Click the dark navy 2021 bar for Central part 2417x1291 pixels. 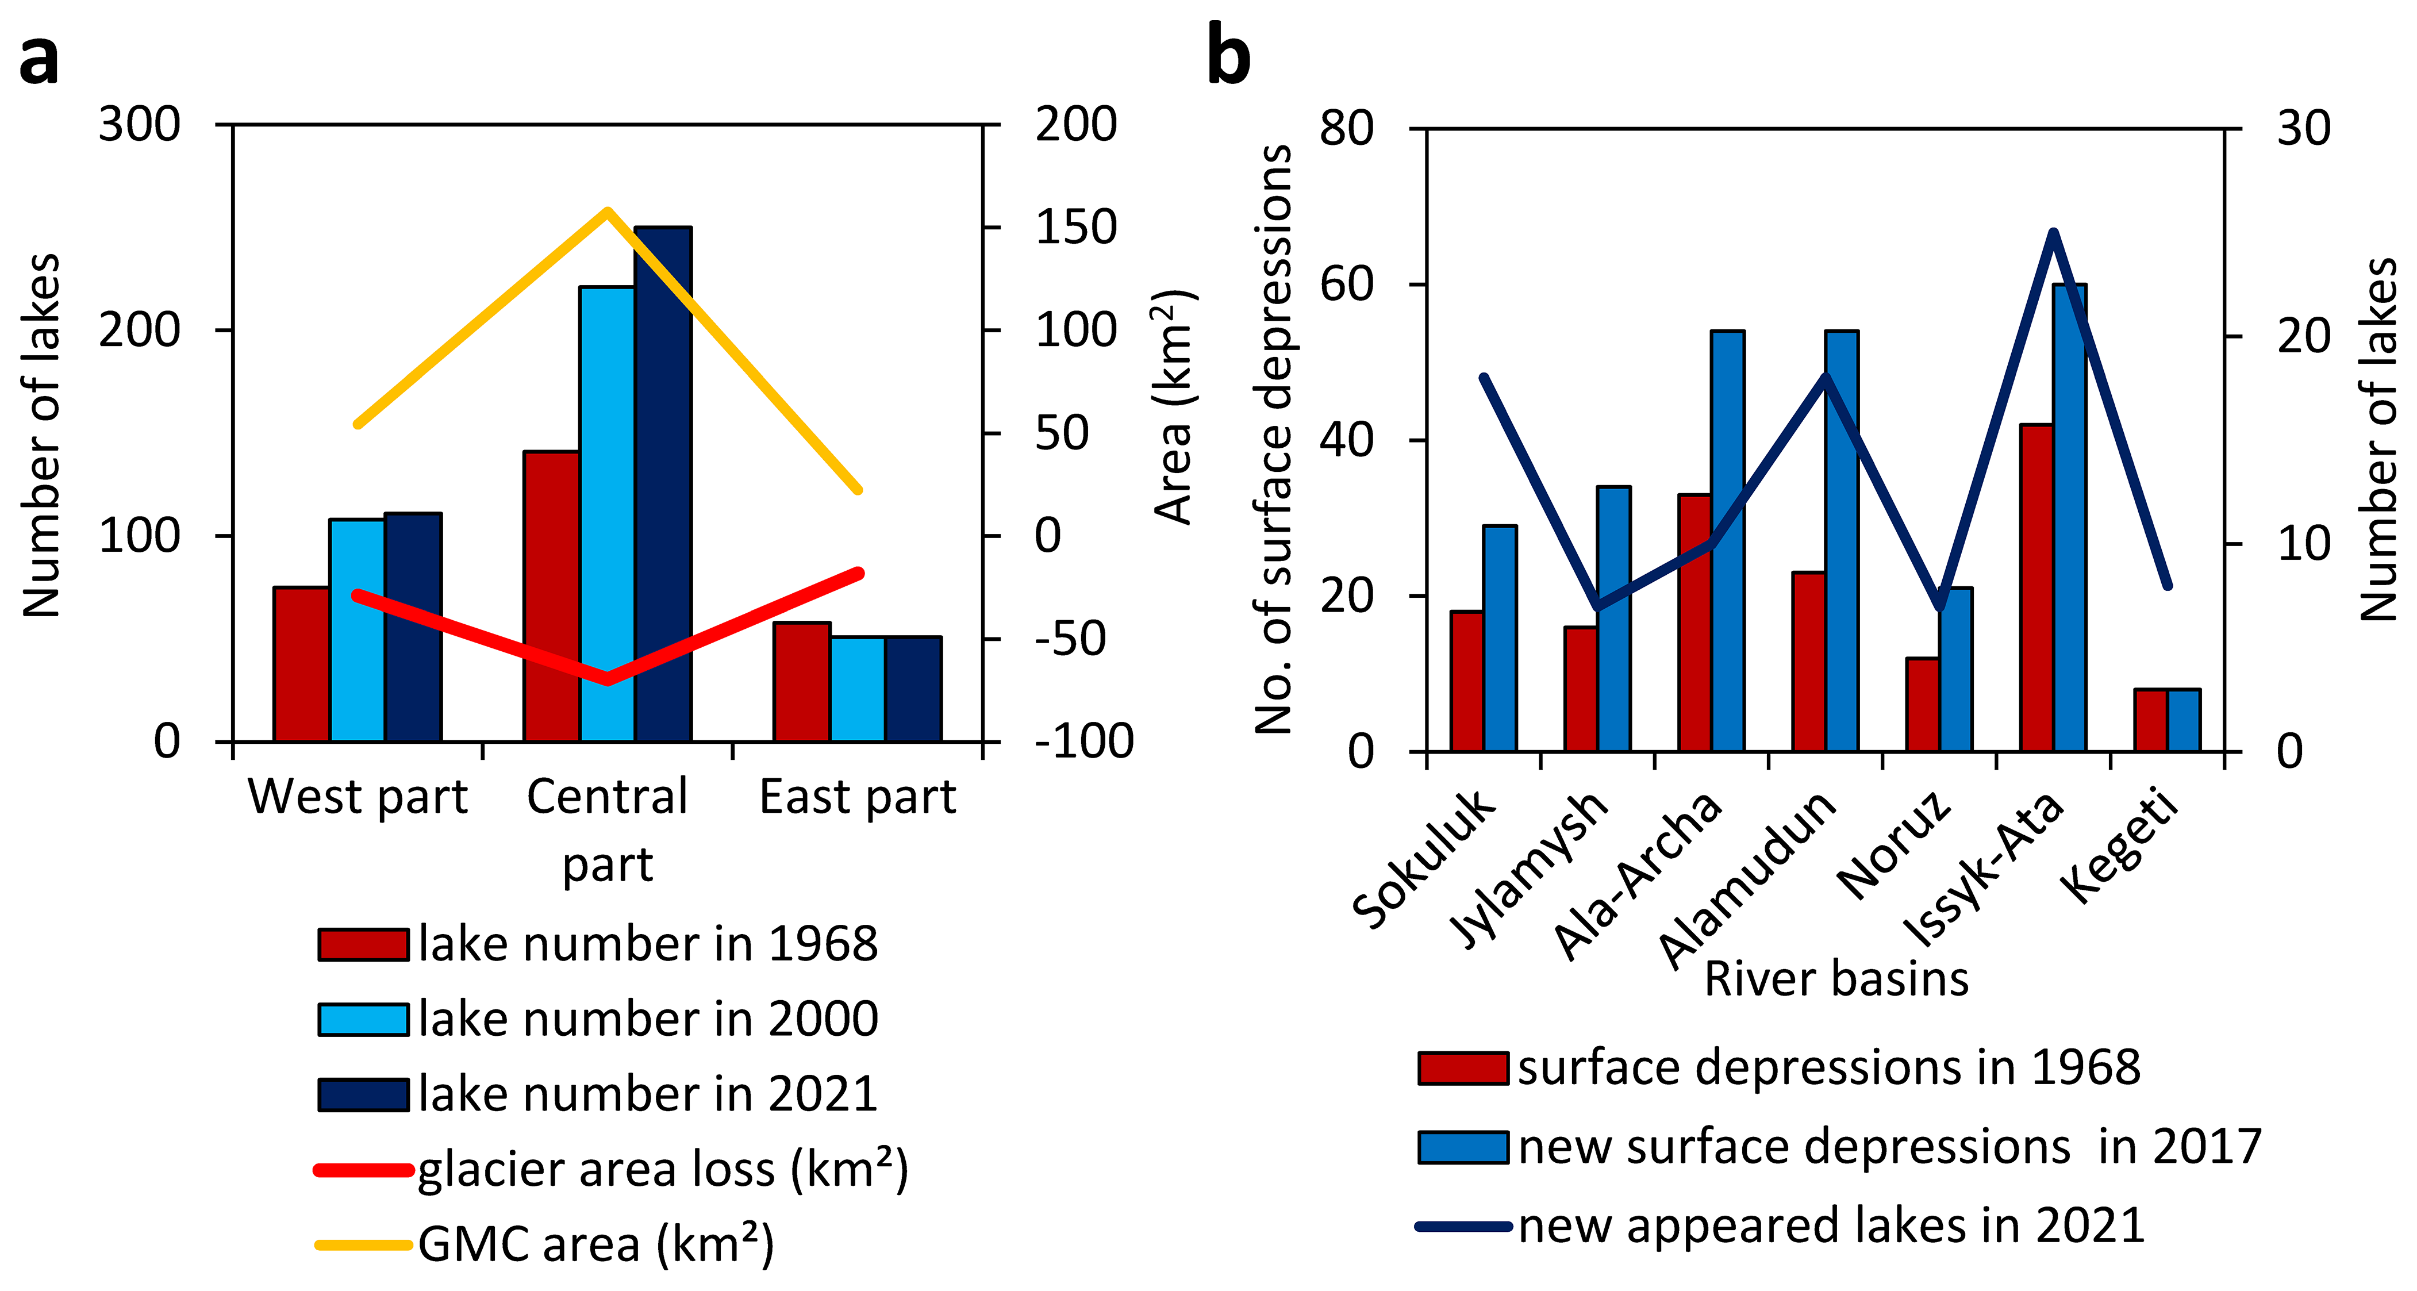pyautogui.click(x=663, y=483)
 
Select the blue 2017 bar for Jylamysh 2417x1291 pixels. pyautogui.click(x=1614, y=618)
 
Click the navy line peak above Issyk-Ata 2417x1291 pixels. pyautogui.click(x=2053, y=233)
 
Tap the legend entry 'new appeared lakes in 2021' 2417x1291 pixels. pyautogui.click(x=1830, y=1226)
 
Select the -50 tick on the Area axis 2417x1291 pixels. pyautogui.click(x=1070, y=639)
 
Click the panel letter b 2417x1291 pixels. pyautogui.click(x=1229, y=56)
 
